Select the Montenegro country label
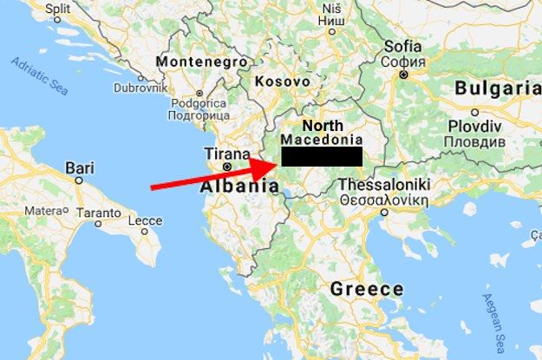tap(193, 62)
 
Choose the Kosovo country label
tap(283, 81)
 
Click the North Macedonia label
tap(321, 132)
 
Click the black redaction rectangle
tap(320, 156)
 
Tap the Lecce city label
tap(145, 221)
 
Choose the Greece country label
tap(366, 289)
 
